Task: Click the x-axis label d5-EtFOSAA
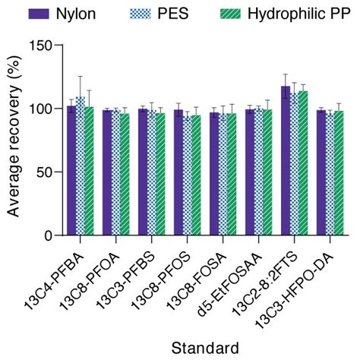click(x=238, y=277)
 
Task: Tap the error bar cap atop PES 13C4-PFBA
click(x=81, y=76)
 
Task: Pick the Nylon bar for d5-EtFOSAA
click(x=250, y=172)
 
